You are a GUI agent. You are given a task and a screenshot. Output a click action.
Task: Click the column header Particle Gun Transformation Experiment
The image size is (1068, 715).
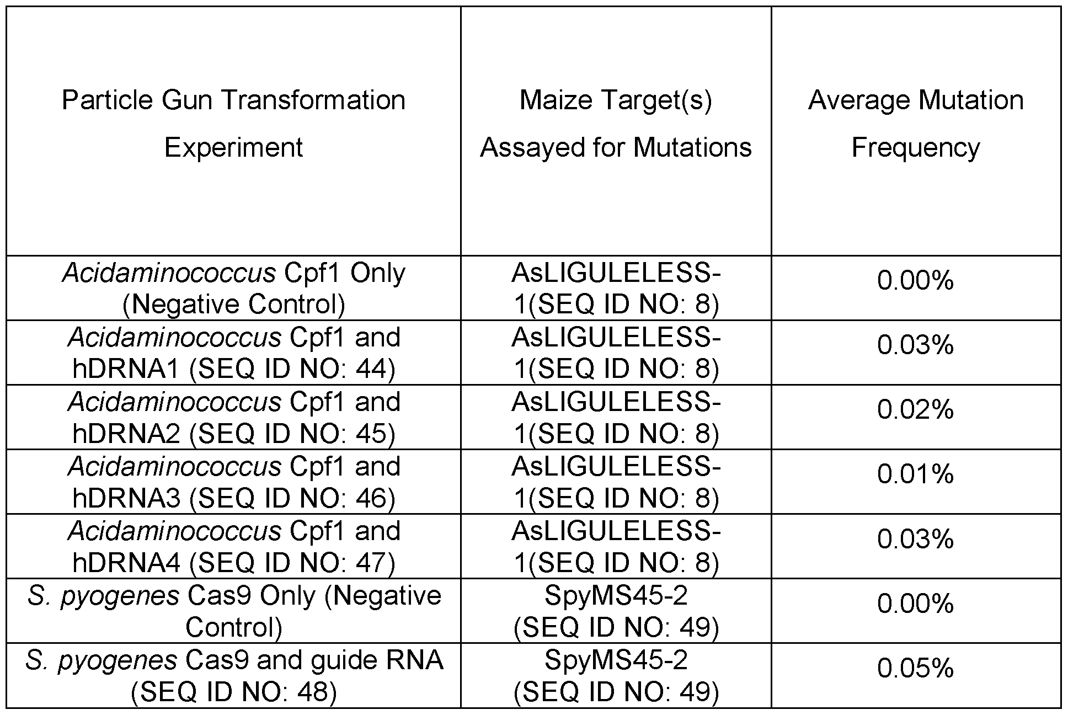234,124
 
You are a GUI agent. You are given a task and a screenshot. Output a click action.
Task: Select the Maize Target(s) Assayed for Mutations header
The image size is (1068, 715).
616,124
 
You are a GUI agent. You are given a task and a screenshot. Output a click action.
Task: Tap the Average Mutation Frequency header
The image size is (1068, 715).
916,124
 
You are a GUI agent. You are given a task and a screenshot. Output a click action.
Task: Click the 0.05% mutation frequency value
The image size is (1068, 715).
916,669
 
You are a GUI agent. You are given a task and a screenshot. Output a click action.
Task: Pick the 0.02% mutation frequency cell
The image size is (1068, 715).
916,410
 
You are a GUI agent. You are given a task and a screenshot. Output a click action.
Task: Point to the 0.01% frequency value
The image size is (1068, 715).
916,474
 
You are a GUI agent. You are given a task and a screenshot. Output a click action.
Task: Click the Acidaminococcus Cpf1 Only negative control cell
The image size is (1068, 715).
234,288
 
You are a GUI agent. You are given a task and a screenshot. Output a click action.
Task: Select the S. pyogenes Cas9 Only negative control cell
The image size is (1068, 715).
234,611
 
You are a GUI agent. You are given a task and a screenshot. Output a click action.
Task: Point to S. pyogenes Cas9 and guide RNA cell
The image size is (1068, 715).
234,675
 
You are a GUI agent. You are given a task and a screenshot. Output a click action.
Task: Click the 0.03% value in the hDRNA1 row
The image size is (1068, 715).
916,345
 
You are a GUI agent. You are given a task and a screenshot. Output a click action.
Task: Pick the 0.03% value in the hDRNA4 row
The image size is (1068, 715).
916,539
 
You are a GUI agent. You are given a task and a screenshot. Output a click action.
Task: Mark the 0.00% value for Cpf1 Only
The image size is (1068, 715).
916,281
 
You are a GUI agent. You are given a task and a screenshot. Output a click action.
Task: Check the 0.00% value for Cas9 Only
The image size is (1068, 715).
916,604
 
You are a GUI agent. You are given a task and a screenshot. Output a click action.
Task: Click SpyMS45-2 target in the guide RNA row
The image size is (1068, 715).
616,660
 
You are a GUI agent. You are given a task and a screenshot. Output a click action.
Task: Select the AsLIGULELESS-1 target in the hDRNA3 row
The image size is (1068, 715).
616,482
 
